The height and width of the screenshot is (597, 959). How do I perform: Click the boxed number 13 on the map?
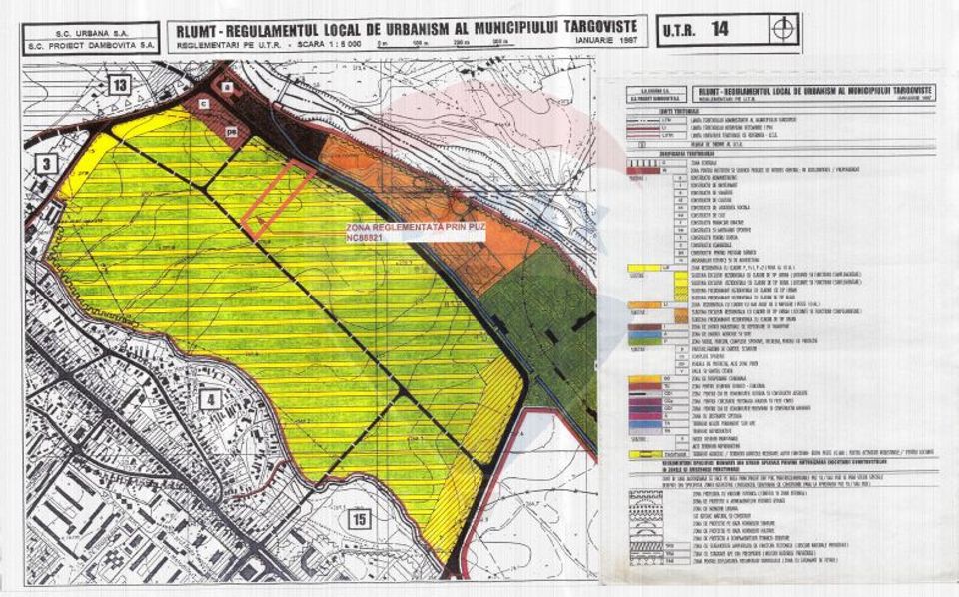point(121,86)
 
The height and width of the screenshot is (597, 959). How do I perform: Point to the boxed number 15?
point(361,519)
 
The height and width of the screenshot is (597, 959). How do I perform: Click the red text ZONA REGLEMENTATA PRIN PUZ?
point(397,229)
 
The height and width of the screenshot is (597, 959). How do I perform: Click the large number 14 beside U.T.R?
point(719,29)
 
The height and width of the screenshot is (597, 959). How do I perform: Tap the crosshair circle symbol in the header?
point(787,29)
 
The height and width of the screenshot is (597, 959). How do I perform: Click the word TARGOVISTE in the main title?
point(586,25)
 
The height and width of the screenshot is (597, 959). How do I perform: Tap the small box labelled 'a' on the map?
point(228,88)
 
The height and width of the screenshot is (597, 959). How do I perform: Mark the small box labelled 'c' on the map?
point(203,104)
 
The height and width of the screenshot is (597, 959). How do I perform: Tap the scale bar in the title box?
point(420,45)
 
